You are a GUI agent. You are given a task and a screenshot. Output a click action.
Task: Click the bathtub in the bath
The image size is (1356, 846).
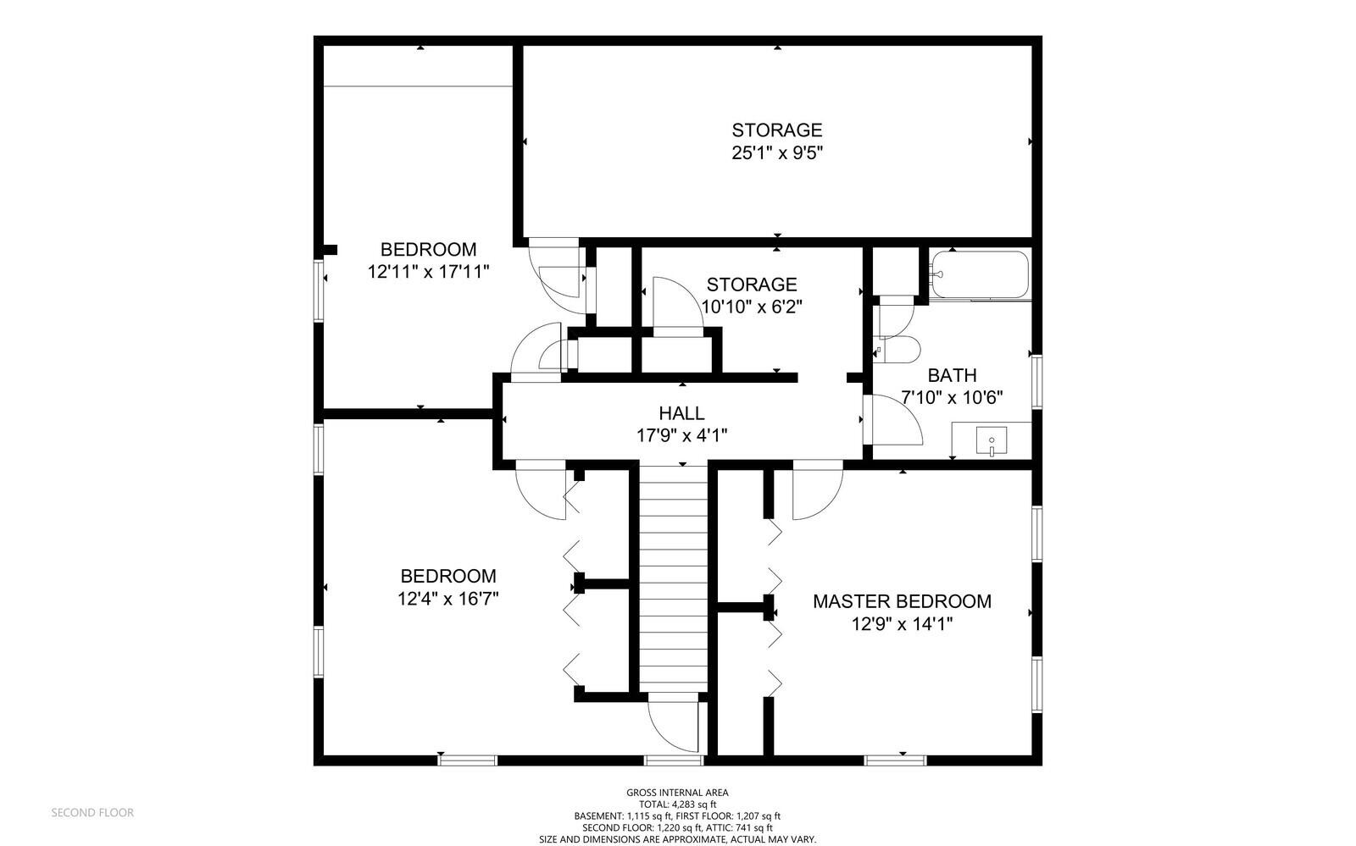pos(980,274)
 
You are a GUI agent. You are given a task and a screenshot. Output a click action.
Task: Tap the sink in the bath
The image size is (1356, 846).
pos(991,440)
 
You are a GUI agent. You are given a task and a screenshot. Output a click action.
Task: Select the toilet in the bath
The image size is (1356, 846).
pos(899,350)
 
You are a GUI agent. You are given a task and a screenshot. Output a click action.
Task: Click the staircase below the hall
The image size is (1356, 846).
pos(673,578)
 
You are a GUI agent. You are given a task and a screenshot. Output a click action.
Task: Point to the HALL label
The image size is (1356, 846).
pos(681,413)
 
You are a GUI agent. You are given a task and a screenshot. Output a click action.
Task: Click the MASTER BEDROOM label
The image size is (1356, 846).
pos(902,601)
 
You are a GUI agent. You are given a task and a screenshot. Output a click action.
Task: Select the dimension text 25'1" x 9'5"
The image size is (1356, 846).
pos(777,153)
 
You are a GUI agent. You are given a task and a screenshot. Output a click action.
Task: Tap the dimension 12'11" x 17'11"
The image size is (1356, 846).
pos(428,272)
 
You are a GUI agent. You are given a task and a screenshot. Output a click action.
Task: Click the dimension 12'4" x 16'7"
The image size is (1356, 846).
pos(448,599)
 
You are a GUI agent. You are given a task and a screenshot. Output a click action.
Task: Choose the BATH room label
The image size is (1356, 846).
pos(953,375)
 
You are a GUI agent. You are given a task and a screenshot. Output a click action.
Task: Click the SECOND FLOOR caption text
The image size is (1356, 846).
pos(92,813)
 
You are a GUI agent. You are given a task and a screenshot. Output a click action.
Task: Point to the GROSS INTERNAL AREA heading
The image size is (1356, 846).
pos(677,792)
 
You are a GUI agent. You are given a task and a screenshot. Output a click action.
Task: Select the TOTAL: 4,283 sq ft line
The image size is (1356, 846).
pos(677,805)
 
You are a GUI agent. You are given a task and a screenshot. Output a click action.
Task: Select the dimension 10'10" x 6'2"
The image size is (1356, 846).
pos(751,307)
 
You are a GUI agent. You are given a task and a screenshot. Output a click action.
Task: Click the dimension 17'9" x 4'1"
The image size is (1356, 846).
pos(681,435)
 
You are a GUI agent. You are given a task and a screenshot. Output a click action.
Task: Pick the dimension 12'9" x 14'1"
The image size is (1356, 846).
pos(902,624)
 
